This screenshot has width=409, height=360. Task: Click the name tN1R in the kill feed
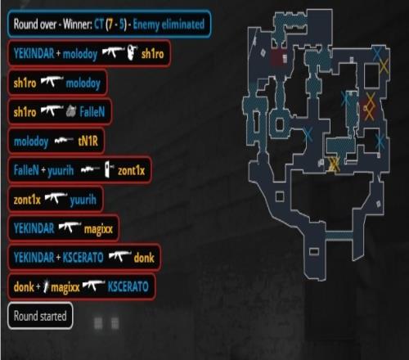pos(88,141)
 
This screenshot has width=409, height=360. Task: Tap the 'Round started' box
pos(40,316)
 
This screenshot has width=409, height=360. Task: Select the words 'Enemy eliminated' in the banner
pos(169,25)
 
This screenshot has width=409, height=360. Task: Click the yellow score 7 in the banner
pos(110,25)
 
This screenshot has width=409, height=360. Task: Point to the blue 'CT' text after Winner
pos(99,25)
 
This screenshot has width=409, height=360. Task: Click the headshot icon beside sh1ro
pos(133,52)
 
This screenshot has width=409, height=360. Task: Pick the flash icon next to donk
pos(46,286)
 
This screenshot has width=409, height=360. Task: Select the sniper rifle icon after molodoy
pos(64,141)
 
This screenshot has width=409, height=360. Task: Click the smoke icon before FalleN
pos(71,111)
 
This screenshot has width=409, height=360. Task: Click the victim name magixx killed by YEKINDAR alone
pos(98,229)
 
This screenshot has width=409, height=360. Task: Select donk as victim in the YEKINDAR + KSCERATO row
pos(144,257)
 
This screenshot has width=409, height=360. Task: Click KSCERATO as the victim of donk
pos(128,286)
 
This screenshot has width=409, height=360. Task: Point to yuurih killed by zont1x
pos(83,200)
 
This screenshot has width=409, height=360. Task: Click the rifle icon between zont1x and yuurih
pos(56,198)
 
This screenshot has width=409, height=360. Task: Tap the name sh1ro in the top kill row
pos(152,54)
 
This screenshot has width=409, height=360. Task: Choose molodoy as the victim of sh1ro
pos(83,83)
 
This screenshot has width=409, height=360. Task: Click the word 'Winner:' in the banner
pos(78,25)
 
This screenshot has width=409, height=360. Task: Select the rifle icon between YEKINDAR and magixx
pos(70,227)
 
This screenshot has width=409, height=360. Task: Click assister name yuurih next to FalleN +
pos(61,171)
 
